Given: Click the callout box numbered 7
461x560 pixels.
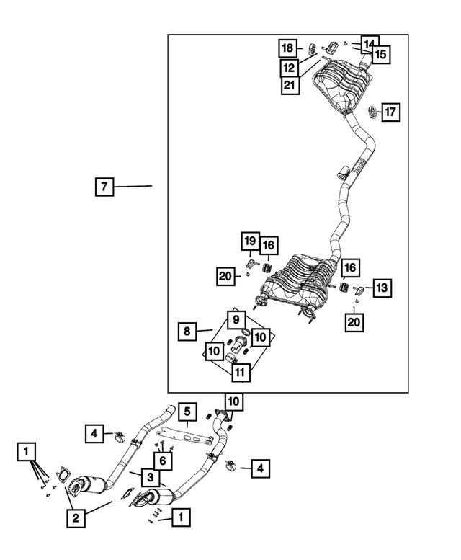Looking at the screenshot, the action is [104, 187].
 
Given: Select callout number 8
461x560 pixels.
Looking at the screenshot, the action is [187, 332].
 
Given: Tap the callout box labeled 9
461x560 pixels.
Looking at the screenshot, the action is [236, 320].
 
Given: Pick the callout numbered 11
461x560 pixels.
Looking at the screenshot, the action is [241, 373].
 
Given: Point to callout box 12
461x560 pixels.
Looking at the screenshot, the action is [290, 67].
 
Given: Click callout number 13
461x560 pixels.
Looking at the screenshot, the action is [382, 288].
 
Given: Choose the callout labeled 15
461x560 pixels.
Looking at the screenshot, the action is [381, 55].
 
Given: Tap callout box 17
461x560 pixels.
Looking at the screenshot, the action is [390, 112].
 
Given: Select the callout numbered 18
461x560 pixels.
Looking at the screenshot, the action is [287, 48].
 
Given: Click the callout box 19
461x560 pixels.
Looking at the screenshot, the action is [250, 241].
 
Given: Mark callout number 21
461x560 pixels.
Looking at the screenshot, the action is [290, 85].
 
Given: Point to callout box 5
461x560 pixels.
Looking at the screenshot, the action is [187, 412].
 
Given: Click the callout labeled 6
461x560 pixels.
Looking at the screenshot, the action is [163, 461].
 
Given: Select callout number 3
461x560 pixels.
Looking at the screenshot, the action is [151, 477].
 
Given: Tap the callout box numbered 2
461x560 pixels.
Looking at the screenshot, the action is [76, 518].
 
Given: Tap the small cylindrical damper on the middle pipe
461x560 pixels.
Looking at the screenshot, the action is [344, 172].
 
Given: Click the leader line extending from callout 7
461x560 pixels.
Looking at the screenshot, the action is [133, 186].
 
